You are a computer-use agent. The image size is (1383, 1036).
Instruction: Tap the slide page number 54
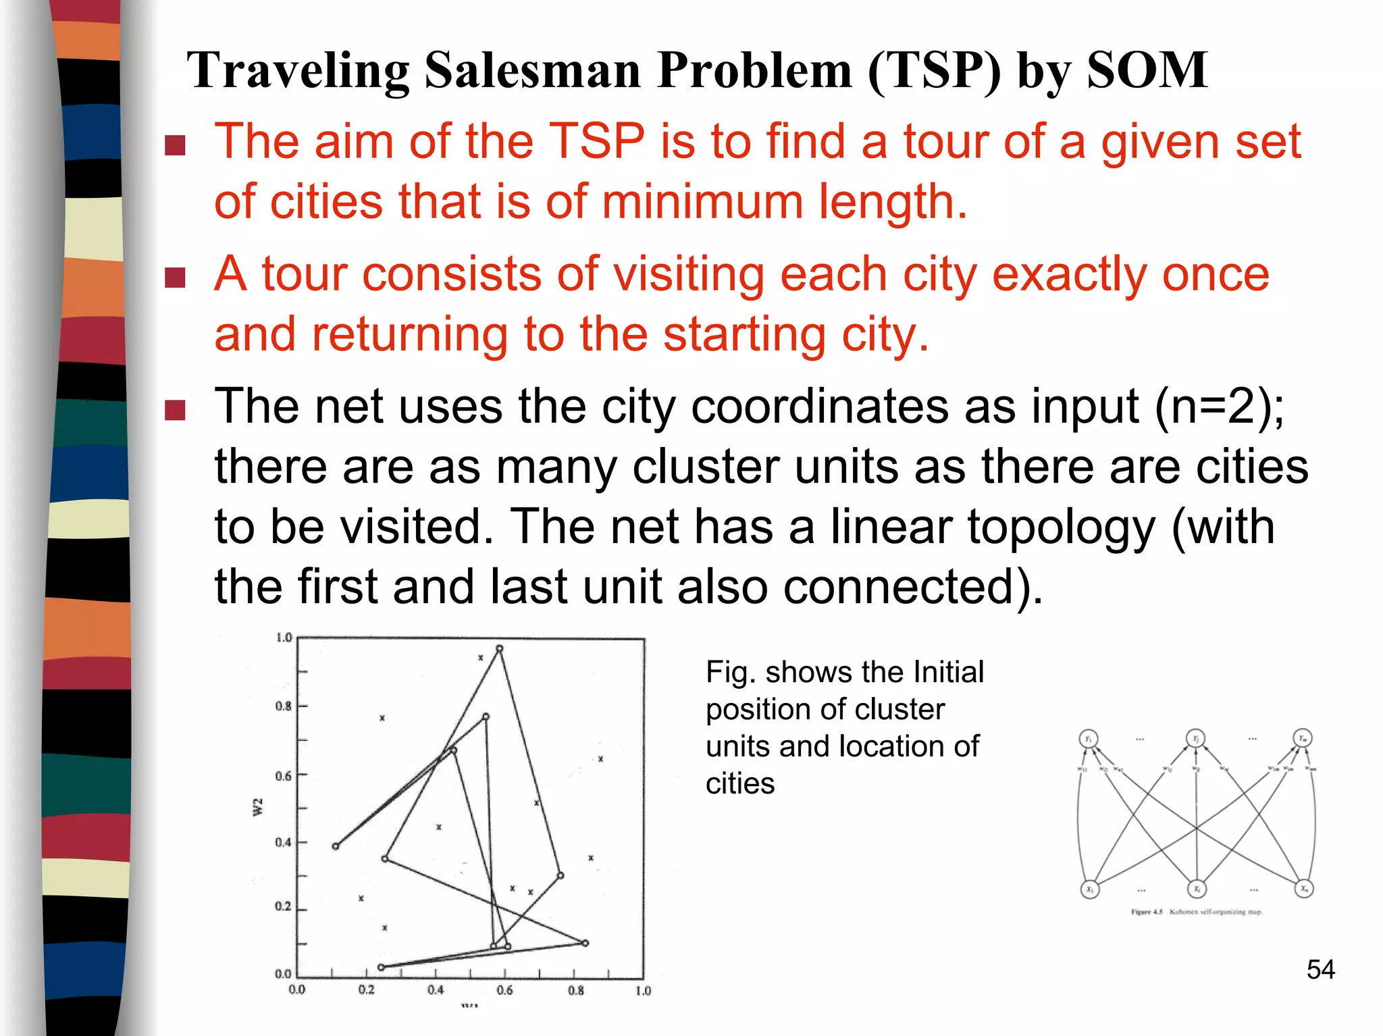tap(1320, 970)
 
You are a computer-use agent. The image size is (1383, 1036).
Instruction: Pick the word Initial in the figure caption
tap(948, 672)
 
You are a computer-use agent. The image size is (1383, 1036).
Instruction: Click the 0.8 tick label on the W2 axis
tap(283, 706)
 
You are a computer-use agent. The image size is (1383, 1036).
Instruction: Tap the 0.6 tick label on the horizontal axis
tap(504, 991)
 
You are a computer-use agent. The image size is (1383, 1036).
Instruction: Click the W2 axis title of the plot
tap(258, 806)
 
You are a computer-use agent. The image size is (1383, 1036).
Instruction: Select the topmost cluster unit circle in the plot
tap(500, 649)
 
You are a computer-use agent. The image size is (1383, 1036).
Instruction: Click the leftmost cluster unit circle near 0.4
tap(336, 846)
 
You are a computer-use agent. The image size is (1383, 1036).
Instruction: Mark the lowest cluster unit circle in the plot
tap(381, 967)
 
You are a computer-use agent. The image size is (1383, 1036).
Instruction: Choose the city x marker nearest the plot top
tap(481, 658)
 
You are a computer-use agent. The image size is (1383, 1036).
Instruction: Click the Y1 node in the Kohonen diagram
tap(1089, 739)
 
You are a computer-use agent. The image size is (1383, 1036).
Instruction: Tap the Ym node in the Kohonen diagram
tap(1303, 738)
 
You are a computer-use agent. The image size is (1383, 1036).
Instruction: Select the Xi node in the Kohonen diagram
tap(1197, 889)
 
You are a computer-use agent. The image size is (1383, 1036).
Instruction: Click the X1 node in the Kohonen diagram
tap(1090, 889)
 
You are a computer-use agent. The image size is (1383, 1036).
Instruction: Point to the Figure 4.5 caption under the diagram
tap(1196, 912)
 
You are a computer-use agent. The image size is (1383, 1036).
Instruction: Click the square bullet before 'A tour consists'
tap(175, 278)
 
